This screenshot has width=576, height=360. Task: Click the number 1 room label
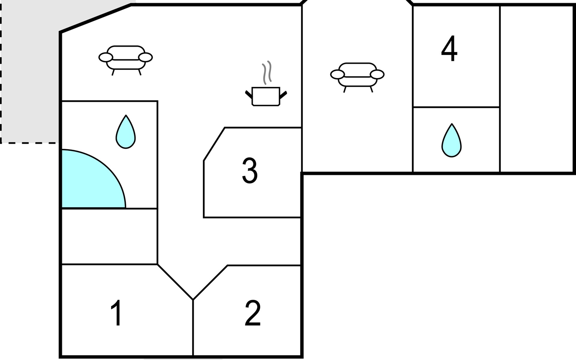116,313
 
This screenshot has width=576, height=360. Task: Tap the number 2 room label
253,313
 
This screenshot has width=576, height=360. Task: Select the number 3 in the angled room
250,171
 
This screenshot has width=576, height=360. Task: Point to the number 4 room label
449,49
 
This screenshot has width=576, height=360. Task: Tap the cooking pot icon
266,96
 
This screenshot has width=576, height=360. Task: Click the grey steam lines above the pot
267,72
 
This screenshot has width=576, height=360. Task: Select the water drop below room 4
451,141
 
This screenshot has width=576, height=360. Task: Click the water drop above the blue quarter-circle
126,133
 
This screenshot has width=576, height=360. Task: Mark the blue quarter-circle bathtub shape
87,183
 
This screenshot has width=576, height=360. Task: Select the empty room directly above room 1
109,236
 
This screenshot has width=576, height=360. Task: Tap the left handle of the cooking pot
248,94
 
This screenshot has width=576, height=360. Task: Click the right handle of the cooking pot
283,95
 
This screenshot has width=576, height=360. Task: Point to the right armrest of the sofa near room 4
377,74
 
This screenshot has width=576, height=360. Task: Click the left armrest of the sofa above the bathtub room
106,57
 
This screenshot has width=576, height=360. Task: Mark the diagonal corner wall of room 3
214,144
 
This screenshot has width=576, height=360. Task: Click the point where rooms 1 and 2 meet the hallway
193,299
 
